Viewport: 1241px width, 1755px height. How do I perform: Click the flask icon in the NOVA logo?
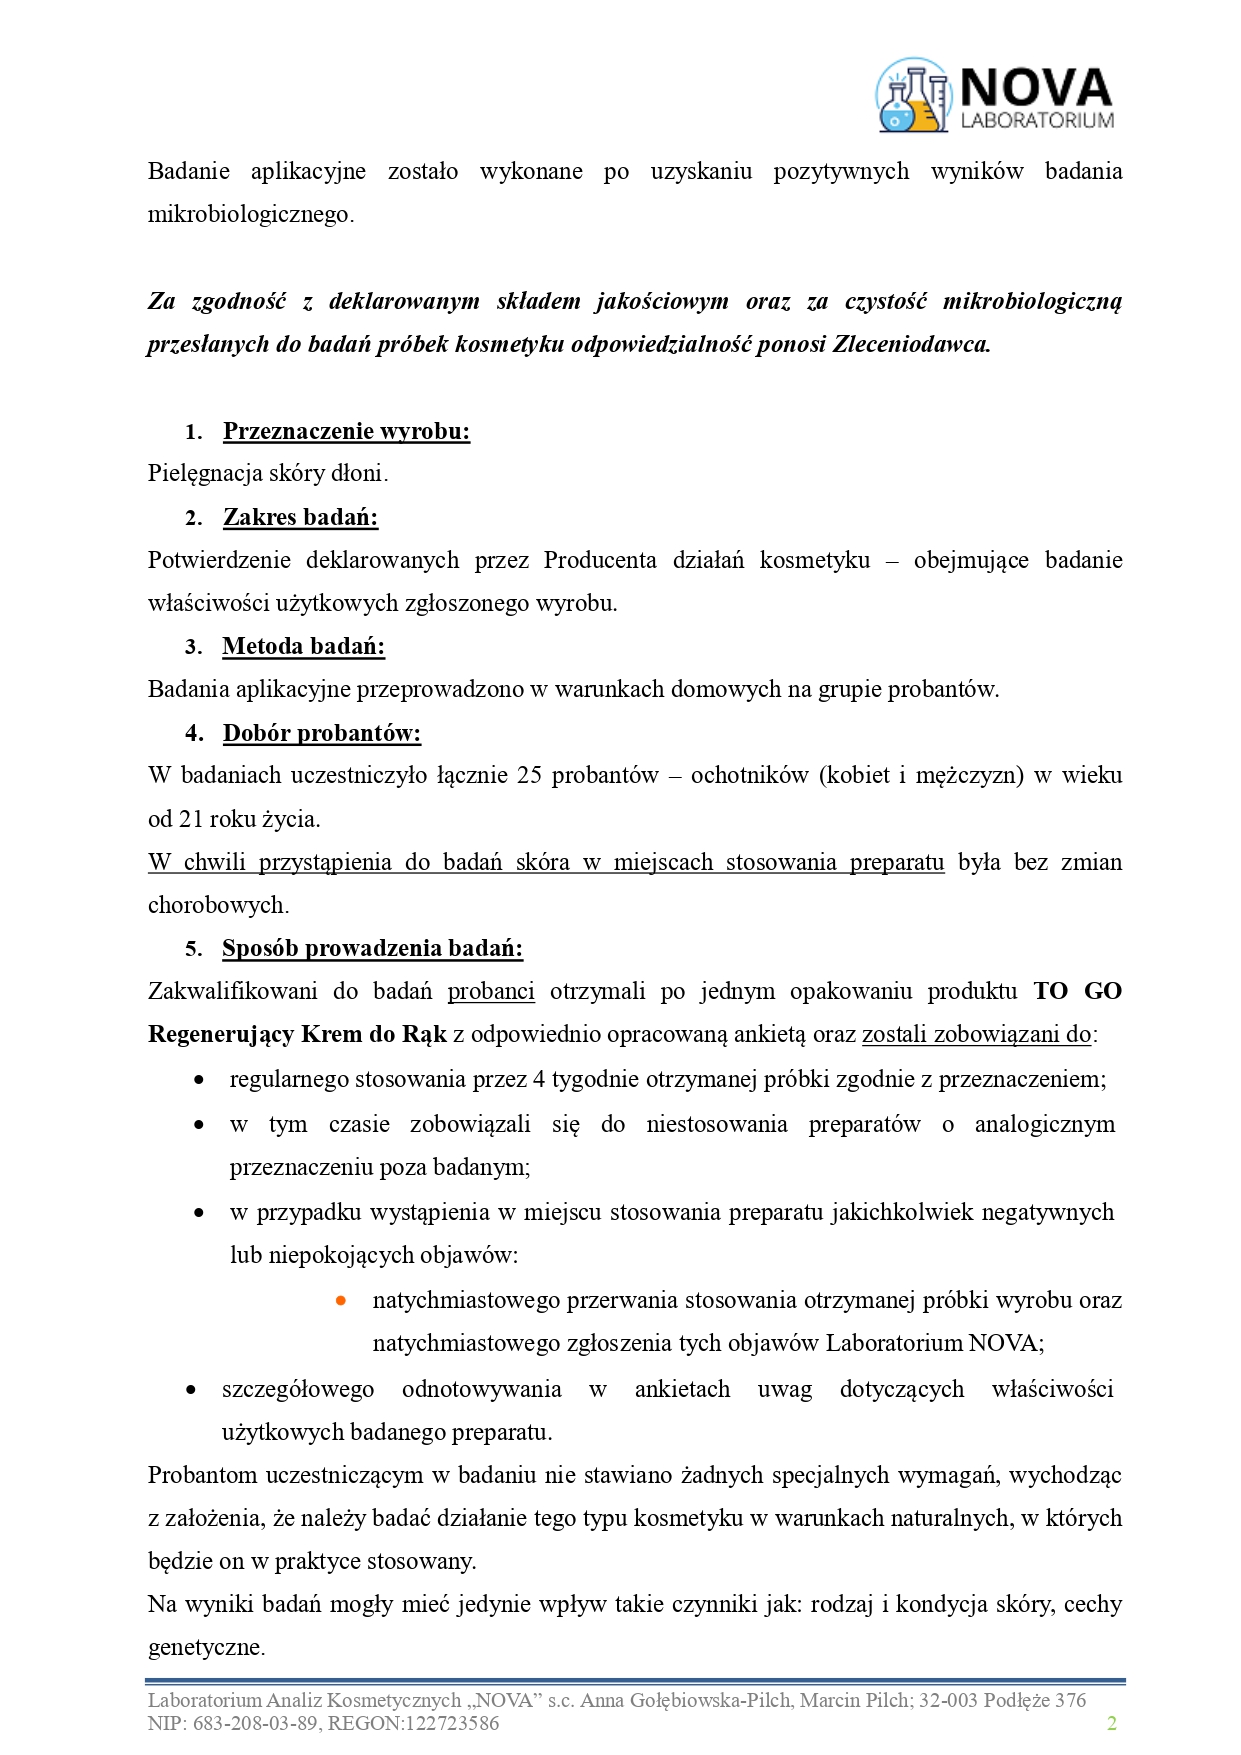pos(912,96)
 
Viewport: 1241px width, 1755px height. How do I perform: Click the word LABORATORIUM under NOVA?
pos(1036,121)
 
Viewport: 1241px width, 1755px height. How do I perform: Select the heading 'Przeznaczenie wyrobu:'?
pos(346,431)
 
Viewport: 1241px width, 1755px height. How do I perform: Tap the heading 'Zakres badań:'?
pos(300,517)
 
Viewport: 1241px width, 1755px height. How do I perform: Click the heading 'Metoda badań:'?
pos(303,646)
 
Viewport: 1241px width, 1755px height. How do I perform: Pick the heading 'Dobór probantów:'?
pos(321,733)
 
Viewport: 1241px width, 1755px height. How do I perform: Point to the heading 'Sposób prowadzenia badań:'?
pos(372,948)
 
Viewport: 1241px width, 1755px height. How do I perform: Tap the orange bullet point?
pos(341,1301)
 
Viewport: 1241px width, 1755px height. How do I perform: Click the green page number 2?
pos(1111,1722)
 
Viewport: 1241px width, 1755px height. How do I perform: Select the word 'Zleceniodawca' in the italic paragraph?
pos(911,344)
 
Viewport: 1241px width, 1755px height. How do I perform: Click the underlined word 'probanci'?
pos(491,991)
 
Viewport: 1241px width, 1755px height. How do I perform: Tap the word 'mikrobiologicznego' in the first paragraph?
pos(249,214)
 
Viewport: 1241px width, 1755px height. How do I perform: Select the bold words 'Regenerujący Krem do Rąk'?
pos(297,1034)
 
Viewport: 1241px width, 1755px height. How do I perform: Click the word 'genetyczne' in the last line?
pos(205,1647)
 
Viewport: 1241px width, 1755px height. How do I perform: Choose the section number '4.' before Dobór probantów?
pos(194,733)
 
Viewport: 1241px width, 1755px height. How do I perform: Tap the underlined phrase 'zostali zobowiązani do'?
pos(976,1034)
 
